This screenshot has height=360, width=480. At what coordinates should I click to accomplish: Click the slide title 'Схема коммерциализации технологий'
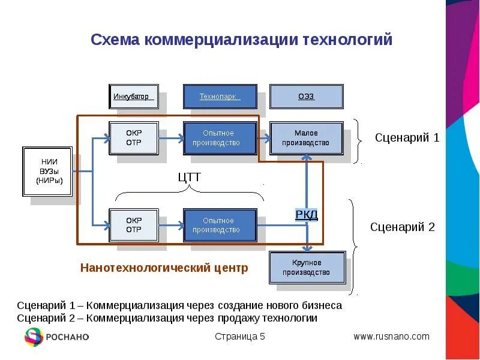[241, 40]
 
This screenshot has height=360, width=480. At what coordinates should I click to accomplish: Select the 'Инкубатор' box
[133, 97]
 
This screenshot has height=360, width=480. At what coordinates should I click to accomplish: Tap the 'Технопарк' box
[220, 97]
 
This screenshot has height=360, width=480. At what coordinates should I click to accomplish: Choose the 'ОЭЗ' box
[306, 97]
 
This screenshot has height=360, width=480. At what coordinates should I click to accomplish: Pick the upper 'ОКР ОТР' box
[133, 138]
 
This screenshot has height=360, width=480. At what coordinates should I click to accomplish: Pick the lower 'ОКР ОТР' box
[133, 225]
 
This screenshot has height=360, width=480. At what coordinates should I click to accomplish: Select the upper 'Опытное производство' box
[220, 138]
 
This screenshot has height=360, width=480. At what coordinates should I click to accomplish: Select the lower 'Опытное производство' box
[220, 225]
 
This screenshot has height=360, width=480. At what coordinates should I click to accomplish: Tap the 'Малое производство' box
[306, 138]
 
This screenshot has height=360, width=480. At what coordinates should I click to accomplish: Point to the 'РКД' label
[307, 215]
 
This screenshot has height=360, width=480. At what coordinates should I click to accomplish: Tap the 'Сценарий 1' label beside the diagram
[407, 138]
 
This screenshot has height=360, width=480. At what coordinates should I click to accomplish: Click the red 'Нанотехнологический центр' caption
[164, 268]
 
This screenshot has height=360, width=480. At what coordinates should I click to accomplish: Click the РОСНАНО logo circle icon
[34, 337]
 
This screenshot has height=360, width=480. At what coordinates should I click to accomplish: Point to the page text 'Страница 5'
[240, 337]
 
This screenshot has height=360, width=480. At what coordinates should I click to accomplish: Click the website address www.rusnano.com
[391, 337]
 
